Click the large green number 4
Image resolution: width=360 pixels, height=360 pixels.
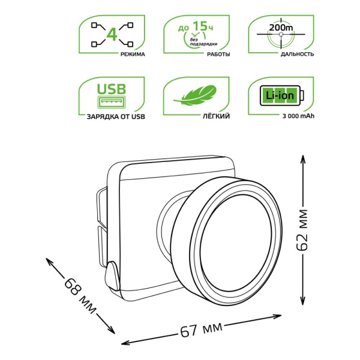110,34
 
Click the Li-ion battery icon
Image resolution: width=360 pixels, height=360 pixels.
280,95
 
